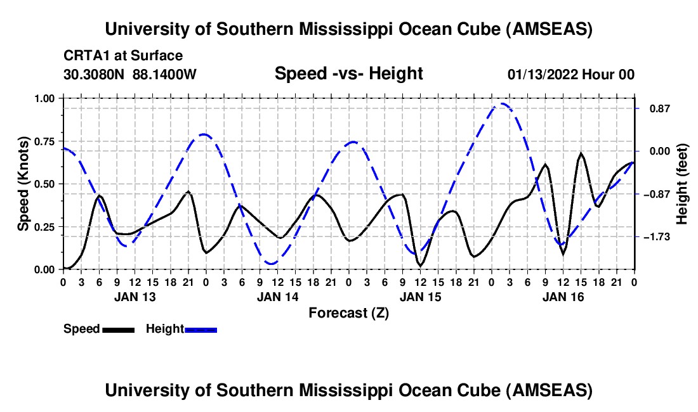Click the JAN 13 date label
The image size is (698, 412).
(135, 297)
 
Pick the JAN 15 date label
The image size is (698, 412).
(420, 297)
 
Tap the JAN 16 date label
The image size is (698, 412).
(563, 297)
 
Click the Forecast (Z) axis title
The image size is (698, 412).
(348, 312)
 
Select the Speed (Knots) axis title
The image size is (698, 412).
(23, 184)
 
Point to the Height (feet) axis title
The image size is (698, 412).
(682, 184)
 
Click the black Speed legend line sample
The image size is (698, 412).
(118, 330)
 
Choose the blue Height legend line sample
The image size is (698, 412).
(201, 330)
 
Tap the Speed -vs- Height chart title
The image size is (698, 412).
(348, 74)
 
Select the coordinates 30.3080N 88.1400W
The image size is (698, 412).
(130, 74)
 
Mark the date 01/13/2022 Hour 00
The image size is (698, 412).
(571, 74)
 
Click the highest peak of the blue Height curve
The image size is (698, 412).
(503, 103)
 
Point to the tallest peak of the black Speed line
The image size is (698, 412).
(581, 153)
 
